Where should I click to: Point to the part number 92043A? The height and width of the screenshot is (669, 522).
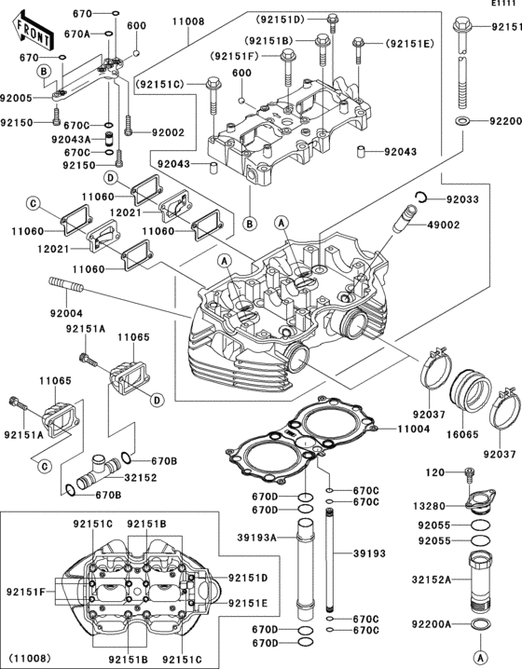pos(72,139)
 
